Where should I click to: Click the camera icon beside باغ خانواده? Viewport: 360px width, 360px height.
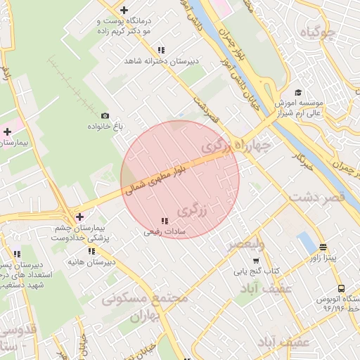[105, 116]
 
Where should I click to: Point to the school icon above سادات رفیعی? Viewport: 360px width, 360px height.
[165, 221]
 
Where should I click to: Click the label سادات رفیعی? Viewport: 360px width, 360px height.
[165, 231]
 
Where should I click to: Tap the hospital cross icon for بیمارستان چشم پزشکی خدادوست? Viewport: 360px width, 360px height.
[79, 217]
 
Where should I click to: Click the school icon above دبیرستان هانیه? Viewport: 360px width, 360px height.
[91, 251]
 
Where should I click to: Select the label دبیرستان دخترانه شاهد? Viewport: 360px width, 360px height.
[162, 62]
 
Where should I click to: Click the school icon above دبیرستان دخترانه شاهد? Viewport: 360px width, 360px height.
[162, 51]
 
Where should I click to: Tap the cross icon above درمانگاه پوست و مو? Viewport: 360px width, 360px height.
[124, 10]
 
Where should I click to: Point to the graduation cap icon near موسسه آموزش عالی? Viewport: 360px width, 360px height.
[298, 92]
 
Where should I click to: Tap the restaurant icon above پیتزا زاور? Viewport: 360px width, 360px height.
[323, 247]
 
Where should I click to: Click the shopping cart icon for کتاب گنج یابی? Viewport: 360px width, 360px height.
[237, 271]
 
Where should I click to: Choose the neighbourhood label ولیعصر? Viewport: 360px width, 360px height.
[245, 244]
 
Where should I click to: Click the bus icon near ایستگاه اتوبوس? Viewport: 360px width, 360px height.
[341, 288]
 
